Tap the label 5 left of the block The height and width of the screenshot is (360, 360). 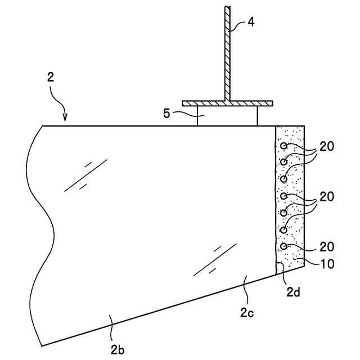[166, 114]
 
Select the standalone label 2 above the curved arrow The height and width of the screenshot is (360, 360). [51, 78]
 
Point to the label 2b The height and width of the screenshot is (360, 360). [118, 349]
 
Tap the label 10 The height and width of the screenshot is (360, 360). [327, 263]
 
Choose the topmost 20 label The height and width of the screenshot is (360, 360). [327, 146]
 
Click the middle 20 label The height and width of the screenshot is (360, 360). [327, 197]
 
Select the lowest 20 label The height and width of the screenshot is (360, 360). [327, 246]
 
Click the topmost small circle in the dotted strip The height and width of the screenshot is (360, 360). [284, 146]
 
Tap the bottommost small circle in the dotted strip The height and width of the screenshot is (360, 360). [284, 246]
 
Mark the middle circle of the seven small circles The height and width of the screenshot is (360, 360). [284, 196]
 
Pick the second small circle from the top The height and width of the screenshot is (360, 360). [284, 162]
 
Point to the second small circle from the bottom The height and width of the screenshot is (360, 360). [284, 229]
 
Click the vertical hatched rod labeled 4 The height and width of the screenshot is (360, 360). [227, 56]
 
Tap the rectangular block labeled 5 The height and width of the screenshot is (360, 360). [227, 116]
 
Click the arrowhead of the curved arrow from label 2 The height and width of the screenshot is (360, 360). [65, 119]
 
